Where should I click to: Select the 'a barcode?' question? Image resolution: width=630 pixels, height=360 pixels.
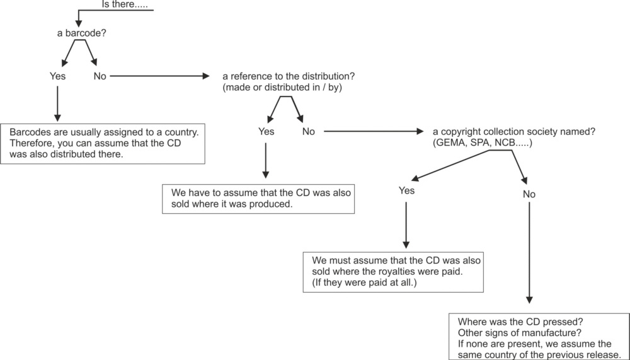(81, 33)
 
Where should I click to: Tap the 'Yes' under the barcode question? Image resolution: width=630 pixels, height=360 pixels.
(57, 76)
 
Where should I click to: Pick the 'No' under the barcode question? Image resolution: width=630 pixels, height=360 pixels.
(100, 76)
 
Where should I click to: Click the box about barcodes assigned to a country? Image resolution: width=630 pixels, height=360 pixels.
(103, 144)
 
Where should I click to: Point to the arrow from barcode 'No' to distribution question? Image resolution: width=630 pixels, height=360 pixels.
(160, 76)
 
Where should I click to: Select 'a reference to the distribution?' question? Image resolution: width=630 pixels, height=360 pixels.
(289, 76)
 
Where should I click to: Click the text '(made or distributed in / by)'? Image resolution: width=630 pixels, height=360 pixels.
(282, 87)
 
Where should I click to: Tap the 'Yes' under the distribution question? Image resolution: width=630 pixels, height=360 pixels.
(266, 132)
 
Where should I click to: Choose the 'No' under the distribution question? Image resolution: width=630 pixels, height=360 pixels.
(309, 132)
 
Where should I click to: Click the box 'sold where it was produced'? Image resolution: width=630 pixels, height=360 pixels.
(258, 199)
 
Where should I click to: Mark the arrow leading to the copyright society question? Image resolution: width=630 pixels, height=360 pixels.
(374, 131)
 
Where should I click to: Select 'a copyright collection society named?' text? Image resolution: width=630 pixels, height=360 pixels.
(514, 132)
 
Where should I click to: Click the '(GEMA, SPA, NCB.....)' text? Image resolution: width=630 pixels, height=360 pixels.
(483, 142)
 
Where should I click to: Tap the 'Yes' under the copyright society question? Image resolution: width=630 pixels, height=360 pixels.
(406, 190)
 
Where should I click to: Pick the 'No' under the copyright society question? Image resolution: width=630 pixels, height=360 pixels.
(529, 194)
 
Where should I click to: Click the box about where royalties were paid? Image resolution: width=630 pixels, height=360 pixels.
(393, 272)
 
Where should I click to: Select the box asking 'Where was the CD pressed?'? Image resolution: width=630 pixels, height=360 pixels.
(539, 337)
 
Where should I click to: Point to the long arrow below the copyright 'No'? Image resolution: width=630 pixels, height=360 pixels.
(529, 253)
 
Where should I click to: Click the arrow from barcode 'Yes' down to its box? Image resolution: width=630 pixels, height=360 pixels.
(57, 104)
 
